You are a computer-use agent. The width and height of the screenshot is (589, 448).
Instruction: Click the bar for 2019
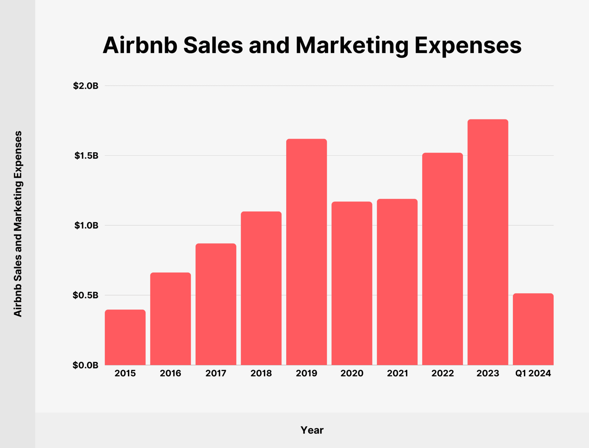coord(306,252)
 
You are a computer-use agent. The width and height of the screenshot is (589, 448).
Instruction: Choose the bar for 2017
coord(216,304)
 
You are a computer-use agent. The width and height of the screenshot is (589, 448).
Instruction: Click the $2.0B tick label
coord(86,86)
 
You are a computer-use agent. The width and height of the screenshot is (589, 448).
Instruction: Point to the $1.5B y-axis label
coord(86,156)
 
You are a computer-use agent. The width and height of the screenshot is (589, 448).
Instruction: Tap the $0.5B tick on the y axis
coord(86,295)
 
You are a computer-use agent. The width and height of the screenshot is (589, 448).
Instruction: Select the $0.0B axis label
coord(86,365)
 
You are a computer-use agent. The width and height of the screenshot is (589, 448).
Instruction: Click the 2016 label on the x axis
coord(171,373)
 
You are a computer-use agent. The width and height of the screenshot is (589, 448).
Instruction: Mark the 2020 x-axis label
coord(352,373)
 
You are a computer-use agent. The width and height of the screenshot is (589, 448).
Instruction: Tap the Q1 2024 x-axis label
coord(533,373)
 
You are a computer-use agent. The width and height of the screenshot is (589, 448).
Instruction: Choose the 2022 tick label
coord(442,373)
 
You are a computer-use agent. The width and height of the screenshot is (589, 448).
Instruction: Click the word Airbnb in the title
coord(140,45)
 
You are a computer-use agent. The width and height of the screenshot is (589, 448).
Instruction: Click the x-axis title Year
coord(312,430)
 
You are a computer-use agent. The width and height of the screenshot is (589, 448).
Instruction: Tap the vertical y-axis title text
coord(18,224)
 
